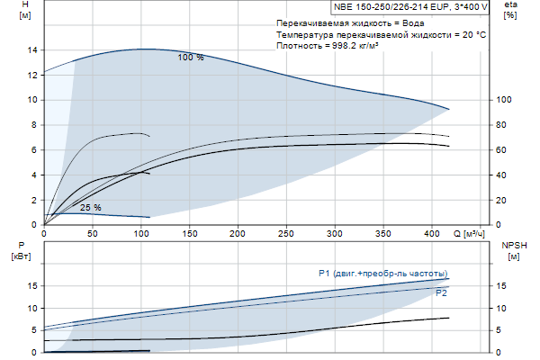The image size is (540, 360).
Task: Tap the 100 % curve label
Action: point(191,58)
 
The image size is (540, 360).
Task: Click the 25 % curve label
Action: point(91,208)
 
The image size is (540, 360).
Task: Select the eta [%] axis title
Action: point(510,10)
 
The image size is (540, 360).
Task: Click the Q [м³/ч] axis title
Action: point(469,234)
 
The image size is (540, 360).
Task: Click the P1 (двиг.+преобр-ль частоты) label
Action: point(382,274)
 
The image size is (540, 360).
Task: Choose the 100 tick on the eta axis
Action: point(504,100)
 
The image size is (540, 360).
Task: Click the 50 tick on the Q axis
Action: point(93,234)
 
